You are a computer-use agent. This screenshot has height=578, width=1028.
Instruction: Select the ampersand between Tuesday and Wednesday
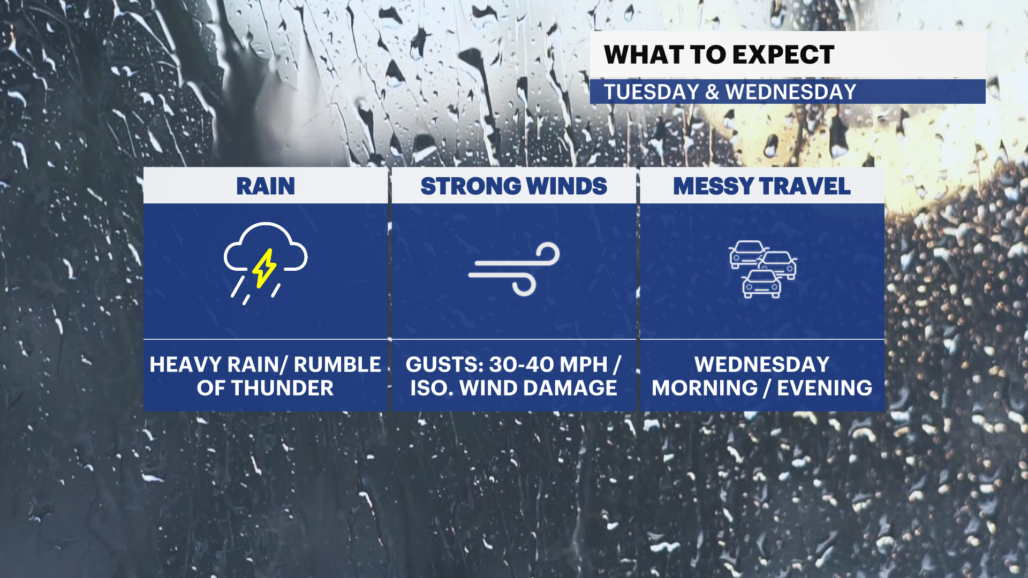[712, 92]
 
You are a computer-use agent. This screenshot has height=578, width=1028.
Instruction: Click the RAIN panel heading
[266, 186]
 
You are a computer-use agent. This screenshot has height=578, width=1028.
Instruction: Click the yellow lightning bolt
[264, 268]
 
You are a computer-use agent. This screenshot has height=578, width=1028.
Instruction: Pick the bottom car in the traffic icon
[761, 284]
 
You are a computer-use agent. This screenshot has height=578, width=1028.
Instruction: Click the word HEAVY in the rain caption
[185, 364]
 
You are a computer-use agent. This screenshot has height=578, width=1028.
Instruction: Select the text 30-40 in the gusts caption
[521, 364]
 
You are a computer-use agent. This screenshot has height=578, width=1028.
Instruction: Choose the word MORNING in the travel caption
[704, 388]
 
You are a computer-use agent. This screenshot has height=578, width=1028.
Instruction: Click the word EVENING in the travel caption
[825, 388]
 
